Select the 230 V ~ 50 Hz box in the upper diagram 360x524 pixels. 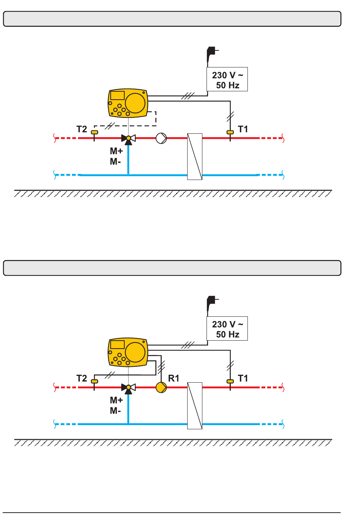pos(227,79)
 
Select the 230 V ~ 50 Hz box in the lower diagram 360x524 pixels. pos(227,328)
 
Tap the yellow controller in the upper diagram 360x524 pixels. pos(128,103)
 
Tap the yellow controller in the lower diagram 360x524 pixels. pos(128,352)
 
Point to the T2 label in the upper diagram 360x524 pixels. pos(81,129)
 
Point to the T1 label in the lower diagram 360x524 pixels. pos(243,378)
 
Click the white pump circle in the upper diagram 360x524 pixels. pos(161,138)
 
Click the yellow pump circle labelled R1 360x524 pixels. pos(161,387)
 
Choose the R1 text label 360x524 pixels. pos(174,378)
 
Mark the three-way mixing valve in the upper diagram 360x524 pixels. pos(128,139)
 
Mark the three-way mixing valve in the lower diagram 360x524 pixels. pos(128,389)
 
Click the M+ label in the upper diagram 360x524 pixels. pos(116,151)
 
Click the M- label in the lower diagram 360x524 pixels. pos(115,411)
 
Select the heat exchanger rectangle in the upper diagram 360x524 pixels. pos(195,156)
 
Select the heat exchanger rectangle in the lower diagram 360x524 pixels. pos(195,406)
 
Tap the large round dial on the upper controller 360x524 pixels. pos(135,103)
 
